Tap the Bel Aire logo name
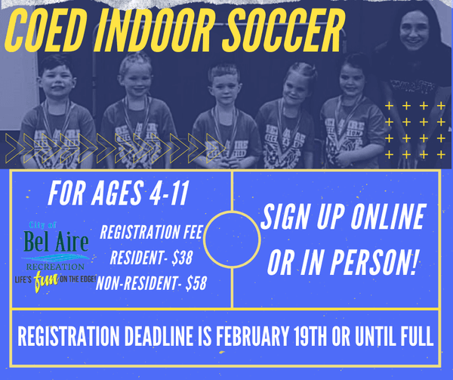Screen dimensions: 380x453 [x=56, y=243]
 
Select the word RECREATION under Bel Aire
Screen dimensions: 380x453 [x=57, y=265]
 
